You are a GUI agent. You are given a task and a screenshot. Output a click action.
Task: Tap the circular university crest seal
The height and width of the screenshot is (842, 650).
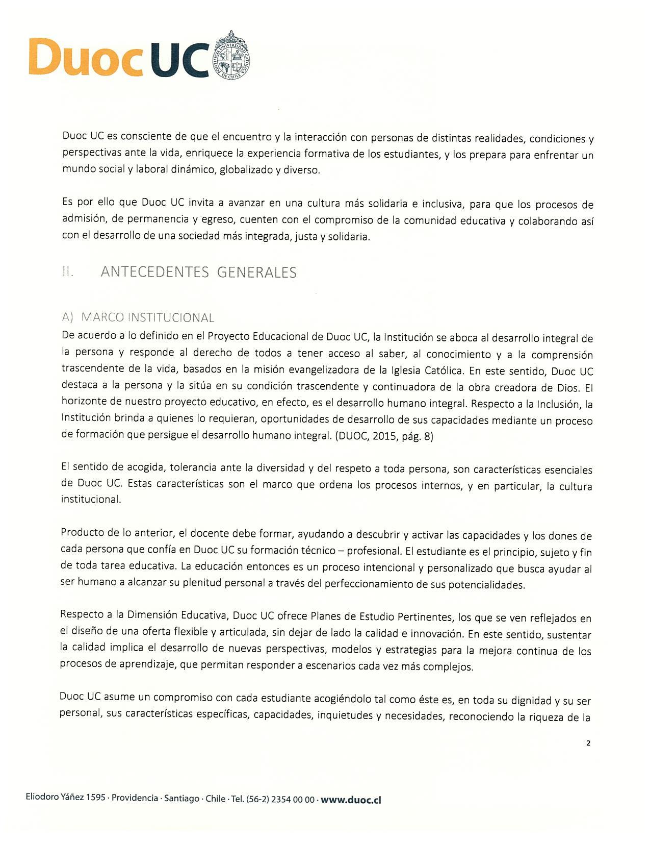231,55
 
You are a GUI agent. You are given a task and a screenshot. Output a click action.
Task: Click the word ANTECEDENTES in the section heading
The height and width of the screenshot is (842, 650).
155,272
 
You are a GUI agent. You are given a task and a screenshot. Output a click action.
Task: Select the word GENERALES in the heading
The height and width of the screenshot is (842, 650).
257,273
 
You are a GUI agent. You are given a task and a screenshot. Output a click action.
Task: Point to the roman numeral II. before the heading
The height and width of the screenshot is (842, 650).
68,272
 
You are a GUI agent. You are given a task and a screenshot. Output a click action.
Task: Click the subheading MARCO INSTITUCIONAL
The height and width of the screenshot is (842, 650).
147,317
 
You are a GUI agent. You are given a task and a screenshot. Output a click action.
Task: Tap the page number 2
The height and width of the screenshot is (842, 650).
588,743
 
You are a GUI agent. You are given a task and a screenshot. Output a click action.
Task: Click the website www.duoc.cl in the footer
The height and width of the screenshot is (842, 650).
351,800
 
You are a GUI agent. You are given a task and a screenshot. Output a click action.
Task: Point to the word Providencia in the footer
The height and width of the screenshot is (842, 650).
135,798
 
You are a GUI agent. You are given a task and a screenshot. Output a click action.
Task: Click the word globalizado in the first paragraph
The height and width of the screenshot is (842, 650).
246,170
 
